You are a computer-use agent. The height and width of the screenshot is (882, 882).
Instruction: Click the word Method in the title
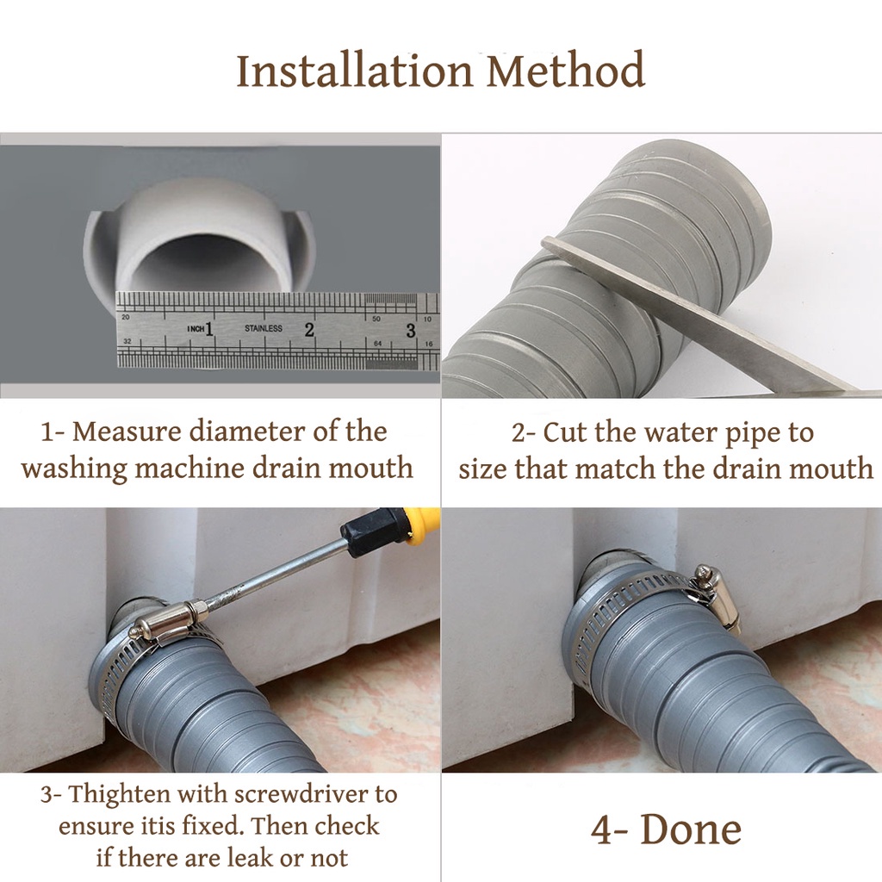[x=565, y=71]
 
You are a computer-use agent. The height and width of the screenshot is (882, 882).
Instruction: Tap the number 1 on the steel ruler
[x=208, y=328]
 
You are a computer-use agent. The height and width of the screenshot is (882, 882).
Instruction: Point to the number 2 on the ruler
[x=309, y=330]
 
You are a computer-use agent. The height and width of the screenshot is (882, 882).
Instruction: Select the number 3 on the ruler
[x=411, y=330]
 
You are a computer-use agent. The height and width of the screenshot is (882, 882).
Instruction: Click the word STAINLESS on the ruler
[x=264, y=328]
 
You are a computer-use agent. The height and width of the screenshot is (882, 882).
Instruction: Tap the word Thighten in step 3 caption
[x=119, y=795]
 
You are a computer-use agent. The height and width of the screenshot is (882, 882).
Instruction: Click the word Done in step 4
[x=691, y=829]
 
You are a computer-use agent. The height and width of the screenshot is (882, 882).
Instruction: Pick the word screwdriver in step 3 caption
[x=296, y=793]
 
